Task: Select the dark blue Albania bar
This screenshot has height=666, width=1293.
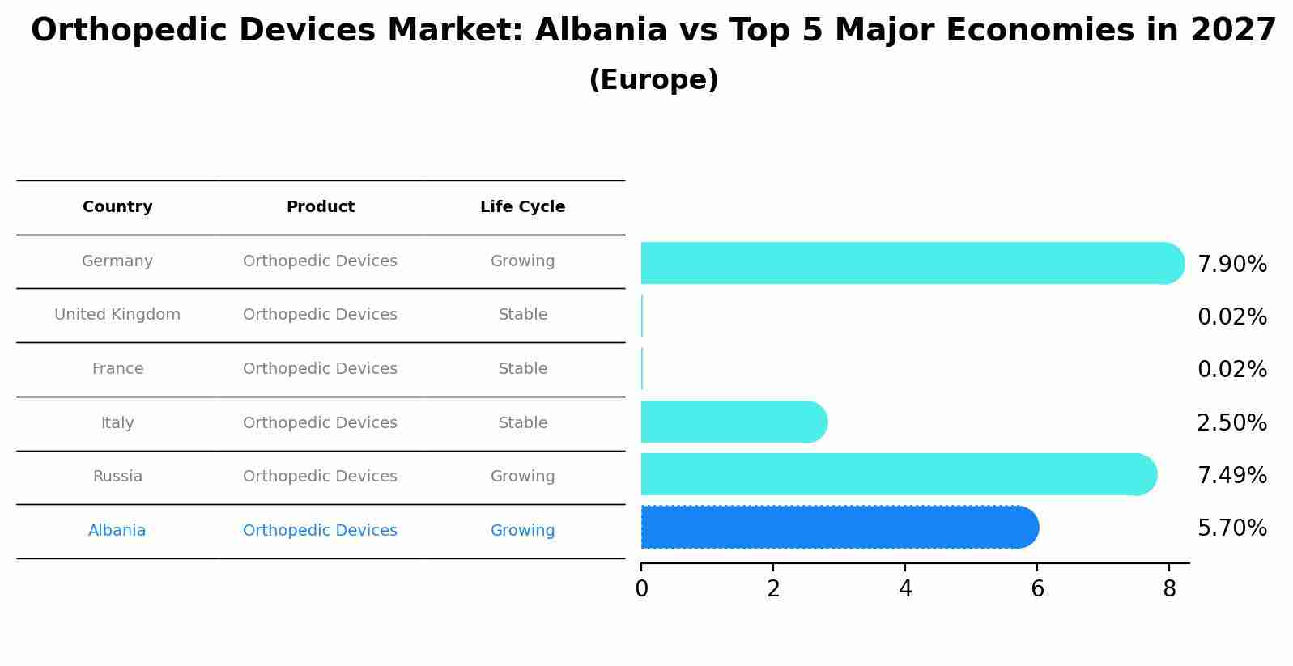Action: (x=838, y=528)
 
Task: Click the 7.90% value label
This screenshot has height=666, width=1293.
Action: (x=1231, y=265)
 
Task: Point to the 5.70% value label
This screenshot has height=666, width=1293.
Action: (x=1231, y=528)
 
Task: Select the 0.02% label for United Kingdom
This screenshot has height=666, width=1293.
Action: (x=1231, y=317)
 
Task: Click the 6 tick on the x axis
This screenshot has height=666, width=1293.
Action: (x=1037, y=589)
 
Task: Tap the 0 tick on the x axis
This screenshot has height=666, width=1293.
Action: (x=641, y=589)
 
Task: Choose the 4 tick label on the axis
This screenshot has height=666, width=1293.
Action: (x=905, y=589)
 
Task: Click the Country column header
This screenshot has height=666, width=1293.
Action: (x=117, y=207)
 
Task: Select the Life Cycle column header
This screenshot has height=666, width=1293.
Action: (x=522, y=207)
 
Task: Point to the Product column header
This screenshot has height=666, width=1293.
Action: (x=320, y=207)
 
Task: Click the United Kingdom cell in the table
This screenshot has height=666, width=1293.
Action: (x=117, y=315)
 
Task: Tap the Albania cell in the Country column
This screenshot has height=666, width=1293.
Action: (x=117, y=531)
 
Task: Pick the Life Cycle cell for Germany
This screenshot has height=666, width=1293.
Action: (x=522, y=261)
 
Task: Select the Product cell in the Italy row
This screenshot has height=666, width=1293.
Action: (x=320, y=423)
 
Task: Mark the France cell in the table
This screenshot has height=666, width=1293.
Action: (x=117, y=369)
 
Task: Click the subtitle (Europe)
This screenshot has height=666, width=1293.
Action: (x=653, y=80)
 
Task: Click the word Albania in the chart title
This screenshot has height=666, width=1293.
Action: (x=601, y=31)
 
